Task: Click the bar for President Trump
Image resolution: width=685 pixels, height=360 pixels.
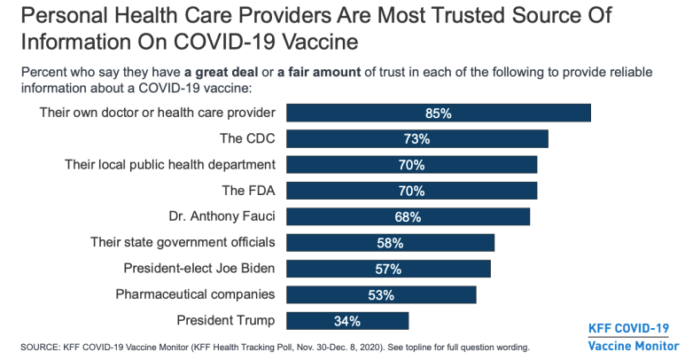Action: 348,320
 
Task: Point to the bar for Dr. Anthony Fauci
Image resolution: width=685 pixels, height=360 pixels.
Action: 409,216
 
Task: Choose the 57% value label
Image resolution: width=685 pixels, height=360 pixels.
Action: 388,269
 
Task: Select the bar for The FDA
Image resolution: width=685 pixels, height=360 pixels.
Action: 412,191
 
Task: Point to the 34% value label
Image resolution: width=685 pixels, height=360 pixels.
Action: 347,320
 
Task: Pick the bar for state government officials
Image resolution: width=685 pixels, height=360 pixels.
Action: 391,242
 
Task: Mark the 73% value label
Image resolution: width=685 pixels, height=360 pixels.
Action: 416,139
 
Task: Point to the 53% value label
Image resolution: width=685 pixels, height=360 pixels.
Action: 381,294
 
